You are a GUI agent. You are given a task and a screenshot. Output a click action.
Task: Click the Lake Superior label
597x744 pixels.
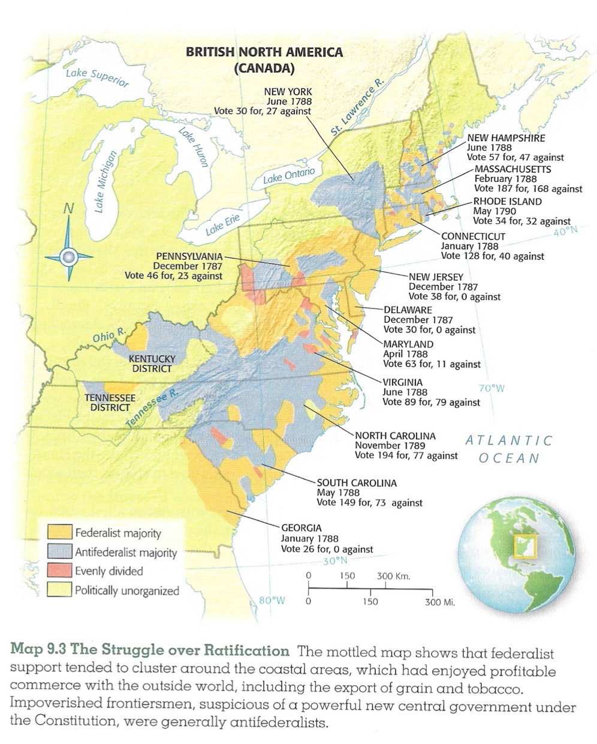click(x=97, y=77)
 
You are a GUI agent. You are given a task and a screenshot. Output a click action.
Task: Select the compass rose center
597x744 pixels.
click(x=68, y=256)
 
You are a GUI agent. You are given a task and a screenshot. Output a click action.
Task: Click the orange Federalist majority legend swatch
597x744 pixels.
click(x=59, y=532)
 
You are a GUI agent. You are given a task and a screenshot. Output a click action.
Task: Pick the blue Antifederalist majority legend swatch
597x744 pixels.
click(x=59, y=551)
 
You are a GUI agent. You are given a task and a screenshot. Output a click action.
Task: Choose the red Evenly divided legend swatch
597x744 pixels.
click(x=59, y=571)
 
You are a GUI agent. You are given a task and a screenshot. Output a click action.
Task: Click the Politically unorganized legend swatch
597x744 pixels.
click(x=59, y=590)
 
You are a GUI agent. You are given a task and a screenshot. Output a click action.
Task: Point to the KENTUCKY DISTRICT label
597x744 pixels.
click(x=152, y=364)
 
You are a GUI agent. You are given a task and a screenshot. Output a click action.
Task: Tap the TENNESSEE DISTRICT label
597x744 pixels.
click(x=110, y=403)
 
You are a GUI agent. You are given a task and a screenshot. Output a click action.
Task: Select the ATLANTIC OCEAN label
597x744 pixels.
click(x=509, y=449)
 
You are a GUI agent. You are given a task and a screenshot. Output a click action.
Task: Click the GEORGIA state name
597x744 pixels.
click(x=301, y=528)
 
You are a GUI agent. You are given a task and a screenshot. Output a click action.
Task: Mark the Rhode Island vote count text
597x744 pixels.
click(x=521, y=221)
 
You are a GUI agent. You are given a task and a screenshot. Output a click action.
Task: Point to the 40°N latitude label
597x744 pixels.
click(x=565, y=231)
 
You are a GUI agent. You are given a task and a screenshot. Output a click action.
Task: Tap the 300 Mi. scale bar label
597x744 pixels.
click(x=439, y=602)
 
